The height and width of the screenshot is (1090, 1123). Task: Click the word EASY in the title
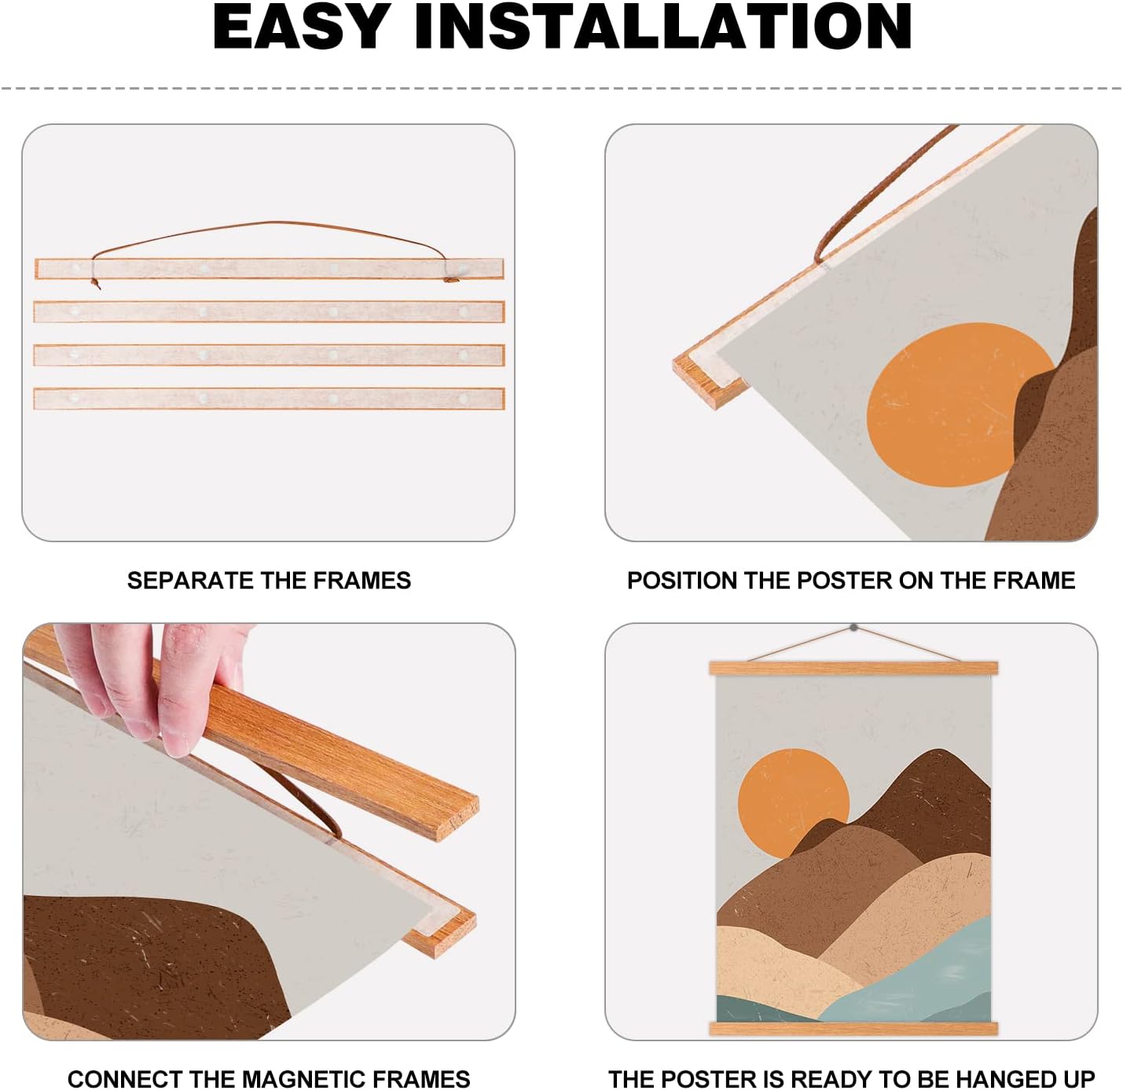pyautogui.click(x=302, y=28)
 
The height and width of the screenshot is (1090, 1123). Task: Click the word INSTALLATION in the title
pyautogui.click(x=663, y=28)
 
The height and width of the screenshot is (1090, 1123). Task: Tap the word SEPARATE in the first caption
pyautogui.click(x=190, y=581)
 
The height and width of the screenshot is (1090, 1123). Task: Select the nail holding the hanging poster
pyautogui.click(x=854, y=627)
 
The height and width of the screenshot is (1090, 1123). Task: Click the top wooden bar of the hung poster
pyautogui.click(x=853, y=668)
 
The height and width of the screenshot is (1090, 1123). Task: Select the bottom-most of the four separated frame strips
pyautogui.click(x=269, y=398)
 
